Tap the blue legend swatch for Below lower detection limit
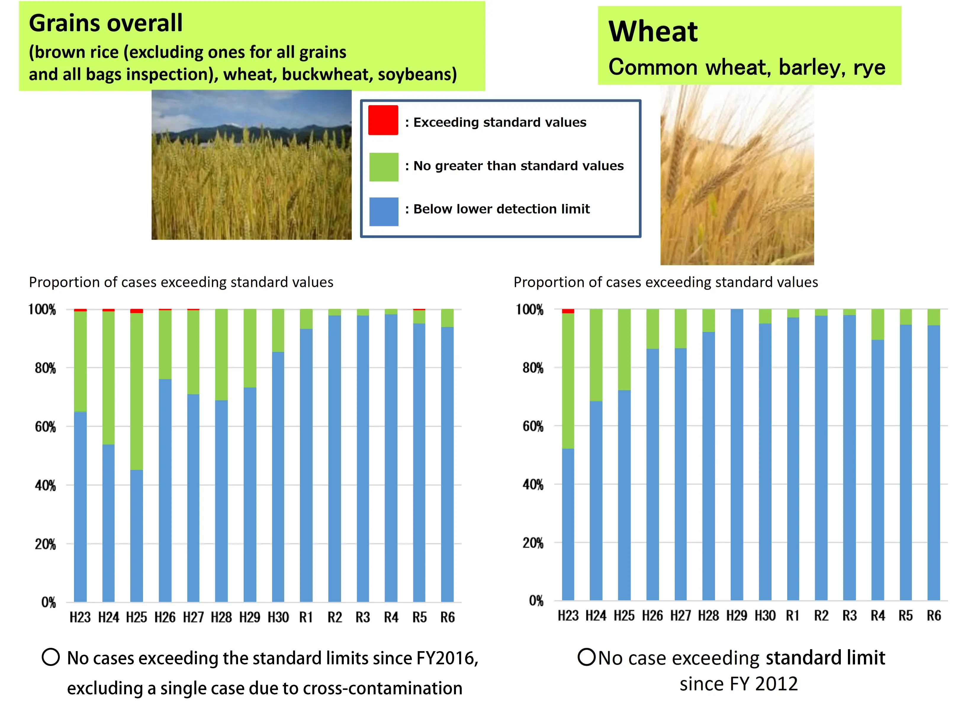coord(383,212)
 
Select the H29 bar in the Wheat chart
coord(737,454)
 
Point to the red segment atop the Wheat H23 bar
coord(568,311)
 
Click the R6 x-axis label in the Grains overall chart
coord(448,617)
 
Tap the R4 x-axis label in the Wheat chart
coord(878,616)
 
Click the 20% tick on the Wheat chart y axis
coord(533,543)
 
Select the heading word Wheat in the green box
coord(653,32)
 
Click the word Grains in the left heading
coord(69,23)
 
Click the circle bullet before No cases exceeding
coord(51,657)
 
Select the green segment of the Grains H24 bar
coord(109,377)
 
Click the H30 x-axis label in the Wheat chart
coord(765,616)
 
